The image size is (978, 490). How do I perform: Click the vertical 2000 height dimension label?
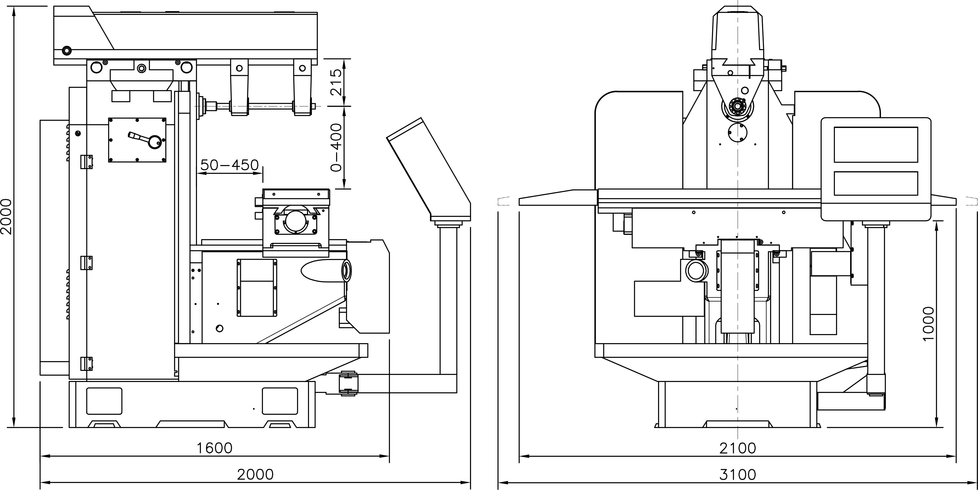coord(7,217)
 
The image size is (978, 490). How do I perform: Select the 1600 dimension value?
coord(215,448)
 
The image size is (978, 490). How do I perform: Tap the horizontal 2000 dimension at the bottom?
coord(255,474)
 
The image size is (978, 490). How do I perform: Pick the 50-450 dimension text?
coord(229,165)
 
